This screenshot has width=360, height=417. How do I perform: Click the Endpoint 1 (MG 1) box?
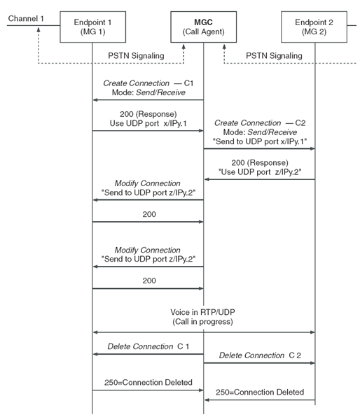click(92, 27)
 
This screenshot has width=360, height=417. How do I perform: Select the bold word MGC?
click(203, 22)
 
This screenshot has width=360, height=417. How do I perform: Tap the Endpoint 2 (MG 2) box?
click(314, 27)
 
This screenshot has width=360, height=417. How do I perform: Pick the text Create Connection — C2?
click(260, 122)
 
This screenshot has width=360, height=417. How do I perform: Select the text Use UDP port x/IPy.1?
click(147, 124)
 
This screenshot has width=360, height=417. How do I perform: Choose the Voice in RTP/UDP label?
click(204, 312)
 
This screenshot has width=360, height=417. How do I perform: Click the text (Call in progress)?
click(204, 322)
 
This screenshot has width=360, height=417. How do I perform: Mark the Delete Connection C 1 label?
click(147, 347)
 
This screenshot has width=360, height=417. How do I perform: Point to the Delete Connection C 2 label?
click(260, 356)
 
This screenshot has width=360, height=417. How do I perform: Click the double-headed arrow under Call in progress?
click(204, 332)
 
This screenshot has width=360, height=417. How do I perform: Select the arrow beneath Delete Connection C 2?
click(260, 363)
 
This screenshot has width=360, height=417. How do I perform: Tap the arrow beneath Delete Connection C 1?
click(147, 354)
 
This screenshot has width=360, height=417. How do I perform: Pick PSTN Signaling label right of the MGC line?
click(274, 55)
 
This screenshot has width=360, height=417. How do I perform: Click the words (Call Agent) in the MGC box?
click(203, 32)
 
